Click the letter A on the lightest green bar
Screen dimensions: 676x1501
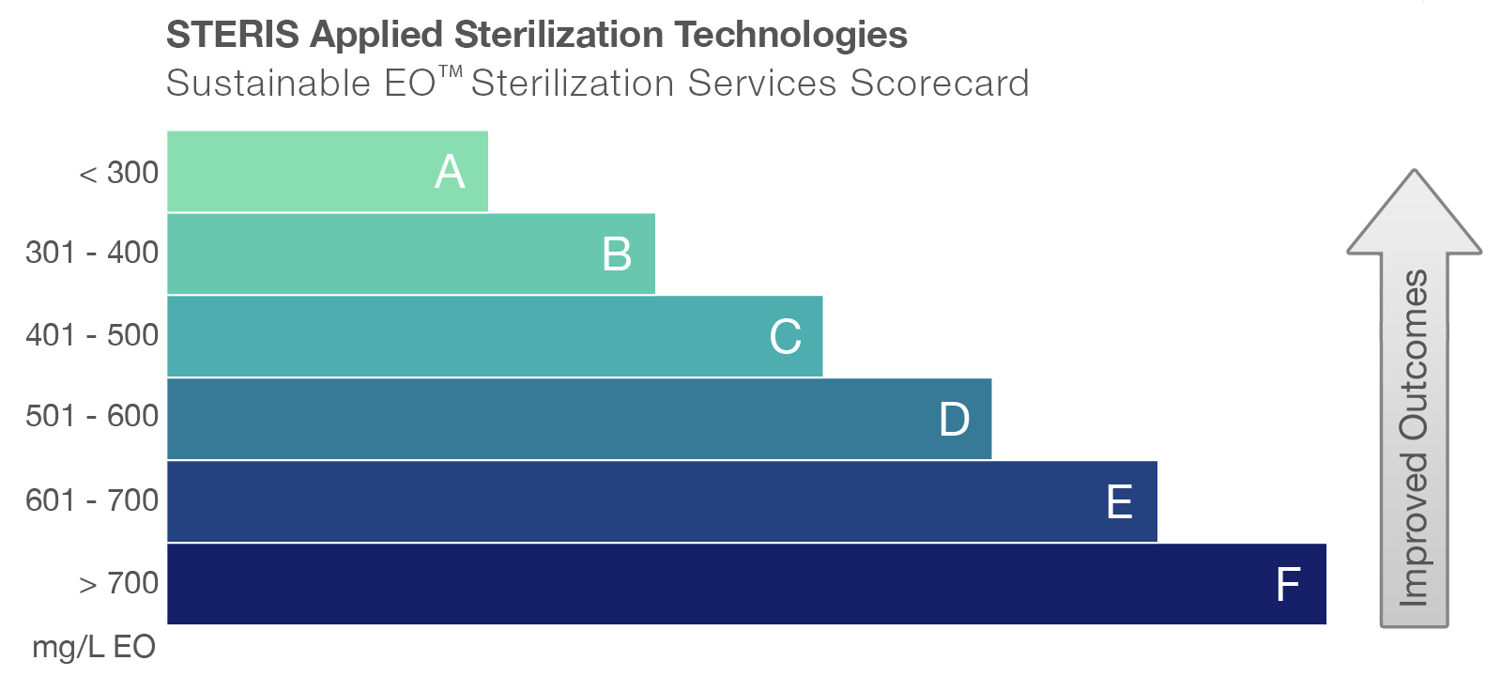pos(450,172)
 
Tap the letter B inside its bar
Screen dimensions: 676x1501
pos(617,254)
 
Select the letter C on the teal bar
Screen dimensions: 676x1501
pos(786,336)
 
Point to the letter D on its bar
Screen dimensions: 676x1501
pos(954,419)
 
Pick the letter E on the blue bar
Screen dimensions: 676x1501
pos(1119,502)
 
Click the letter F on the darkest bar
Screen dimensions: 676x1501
pos(1288,584)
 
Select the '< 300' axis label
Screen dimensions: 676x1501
pos(119,173)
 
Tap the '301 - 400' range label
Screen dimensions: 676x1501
pos(92,253)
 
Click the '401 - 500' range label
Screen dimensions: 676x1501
pos(92,335)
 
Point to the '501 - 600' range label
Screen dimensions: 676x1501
pos(92,416)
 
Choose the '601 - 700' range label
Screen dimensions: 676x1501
pos(92,500)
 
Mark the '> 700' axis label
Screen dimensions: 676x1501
pos(119,583)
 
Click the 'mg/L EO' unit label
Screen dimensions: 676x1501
pos(93,647)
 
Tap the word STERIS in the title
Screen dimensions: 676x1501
pos(232,35)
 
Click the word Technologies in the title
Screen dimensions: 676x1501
pos(790,35)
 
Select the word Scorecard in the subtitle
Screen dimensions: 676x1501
pos(940,84)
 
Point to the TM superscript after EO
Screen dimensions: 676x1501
pos(452,71)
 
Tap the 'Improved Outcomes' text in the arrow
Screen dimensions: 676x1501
pos(1414,437)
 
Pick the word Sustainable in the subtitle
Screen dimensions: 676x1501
pos(268,84)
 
